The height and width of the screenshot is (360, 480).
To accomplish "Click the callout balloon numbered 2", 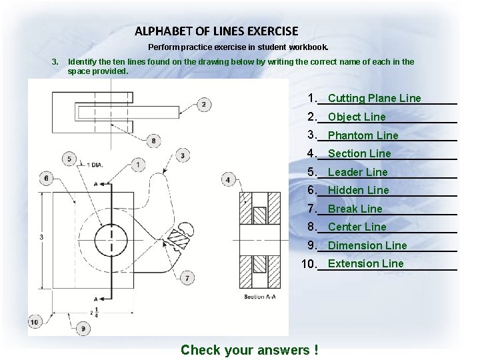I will click(x=203, y=104).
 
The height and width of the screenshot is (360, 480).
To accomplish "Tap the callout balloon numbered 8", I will click(x=154, y=141).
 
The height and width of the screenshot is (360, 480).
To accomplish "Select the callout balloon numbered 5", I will click(x=71, y=158).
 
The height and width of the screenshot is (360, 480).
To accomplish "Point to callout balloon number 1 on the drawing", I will click(x=138, y=163).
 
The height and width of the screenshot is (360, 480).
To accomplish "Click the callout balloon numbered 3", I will click(x=183, y=155).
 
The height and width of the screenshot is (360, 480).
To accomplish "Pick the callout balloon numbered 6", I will click(x=45, y=178).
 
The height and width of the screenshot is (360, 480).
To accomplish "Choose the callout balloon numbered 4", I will click(x=228, y=179).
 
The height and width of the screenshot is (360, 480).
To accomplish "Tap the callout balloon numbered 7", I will click(x=187, y=277).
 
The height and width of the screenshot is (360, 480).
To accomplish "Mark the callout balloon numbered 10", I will click(x=35, y=322).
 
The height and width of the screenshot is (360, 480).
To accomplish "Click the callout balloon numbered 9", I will click(x=83, y=328).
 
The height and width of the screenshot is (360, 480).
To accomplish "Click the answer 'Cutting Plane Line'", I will click(x=374, y=99).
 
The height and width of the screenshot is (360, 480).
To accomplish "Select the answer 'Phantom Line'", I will click(x=363, y=135).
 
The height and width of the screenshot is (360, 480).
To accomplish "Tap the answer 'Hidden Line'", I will click(x=358, y=190).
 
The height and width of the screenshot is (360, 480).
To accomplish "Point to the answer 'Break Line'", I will click(x=355, y=209).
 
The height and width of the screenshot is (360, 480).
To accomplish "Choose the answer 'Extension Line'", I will click(x=365, y=263).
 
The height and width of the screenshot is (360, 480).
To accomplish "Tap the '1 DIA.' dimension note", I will click(x=94, y=164).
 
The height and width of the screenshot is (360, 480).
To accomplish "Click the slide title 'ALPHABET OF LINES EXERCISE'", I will click(x=216, y=31).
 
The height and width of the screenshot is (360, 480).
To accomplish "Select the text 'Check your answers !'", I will click(x=249, y=350).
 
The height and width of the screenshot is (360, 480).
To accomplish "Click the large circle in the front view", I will click(x=110, y=238).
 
